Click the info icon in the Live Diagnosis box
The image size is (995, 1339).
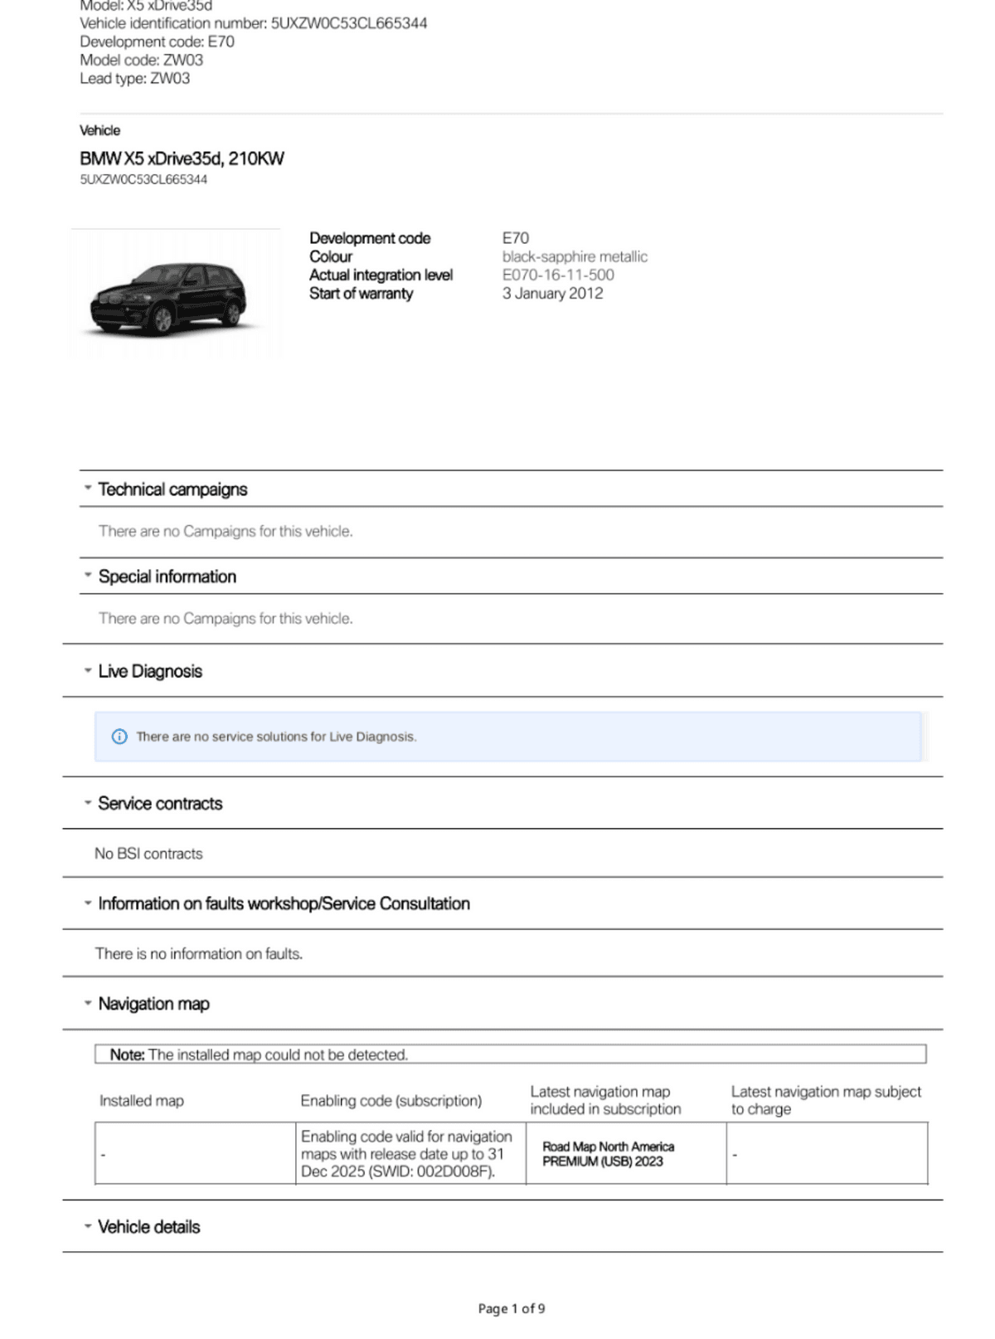click(119, 737)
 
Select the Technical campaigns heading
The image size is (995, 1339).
click(172, 489)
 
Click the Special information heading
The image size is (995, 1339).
click(167, 577)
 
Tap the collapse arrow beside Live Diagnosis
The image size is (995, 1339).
click(87, 670)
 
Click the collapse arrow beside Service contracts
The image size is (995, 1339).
click(87, 802)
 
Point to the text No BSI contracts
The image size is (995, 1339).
click(148, 854)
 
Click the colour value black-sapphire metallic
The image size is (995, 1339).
click(575, 256)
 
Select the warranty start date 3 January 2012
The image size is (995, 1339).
click(552, 293)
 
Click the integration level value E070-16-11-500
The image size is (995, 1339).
click(558, 275)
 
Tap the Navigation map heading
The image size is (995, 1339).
click(153, 1004)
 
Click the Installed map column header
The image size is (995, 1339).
click(142, 1101)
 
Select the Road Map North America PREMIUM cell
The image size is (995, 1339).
click(609, 1153)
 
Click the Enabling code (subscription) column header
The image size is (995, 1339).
click(391, 1101)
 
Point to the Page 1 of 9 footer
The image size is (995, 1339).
click(512, 1308)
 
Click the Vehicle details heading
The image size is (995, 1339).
click(149, 1227)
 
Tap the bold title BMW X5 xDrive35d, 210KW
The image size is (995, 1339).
click(182, 158)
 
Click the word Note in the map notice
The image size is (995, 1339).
click(127, 1054)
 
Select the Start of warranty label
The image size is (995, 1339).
click(361, 293)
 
